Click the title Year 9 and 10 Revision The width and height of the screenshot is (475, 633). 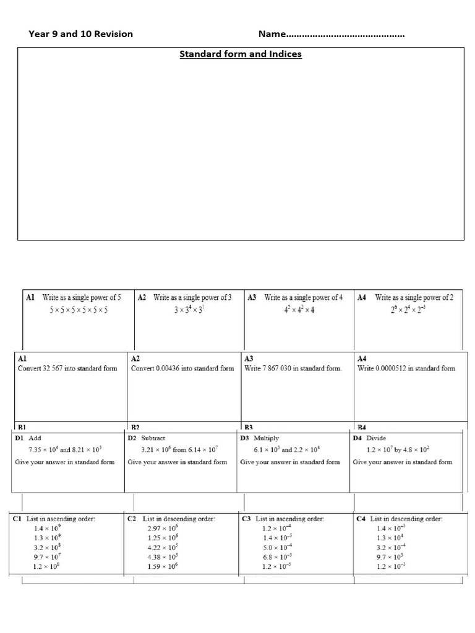click(80, 34)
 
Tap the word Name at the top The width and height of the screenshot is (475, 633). click(272, 34)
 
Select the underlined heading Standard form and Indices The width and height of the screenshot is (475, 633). click(241, 54)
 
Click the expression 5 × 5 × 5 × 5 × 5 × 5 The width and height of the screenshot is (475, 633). click(79, 310)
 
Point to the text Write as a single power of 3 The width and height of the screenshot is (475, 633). click(192, 297)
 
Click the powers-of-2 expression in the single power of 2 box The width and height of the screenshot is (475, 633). click(409, 310)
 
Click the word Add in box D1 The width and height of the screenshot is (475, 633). click(35, 438)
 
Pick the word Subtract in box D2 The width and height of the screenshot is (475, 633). click(154, 438)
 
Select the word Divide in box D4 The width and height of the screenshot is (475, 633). click(376, 438)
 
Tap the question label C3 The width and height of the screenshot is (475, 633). click(246, 519)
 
